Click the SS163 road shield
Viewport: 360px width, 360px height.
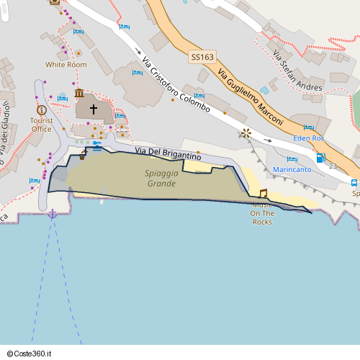[202, 57]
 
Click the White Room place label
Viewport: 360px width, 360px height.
[66, 65]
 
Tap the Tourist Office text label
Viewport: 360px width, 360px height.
[41, 125]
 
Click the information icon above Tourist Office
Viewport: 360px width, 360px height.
[41, 109]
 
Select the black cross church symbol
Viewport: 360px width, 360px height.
[93, 109]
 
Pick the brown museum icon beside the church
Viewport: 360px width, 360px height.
[78, 94]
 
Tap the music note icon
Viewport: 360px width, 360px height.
[263, 193]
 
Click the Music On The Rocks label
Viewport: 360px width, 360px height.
[262, 213]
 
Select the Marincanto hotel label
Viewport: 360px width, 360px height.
[292, 170]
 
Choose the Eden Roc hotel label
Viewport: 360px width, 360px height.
[310, 138]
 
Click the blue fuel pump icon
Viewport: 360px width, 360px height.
[320, 158]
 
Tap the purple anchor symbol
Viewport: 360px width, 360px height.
[52, 214]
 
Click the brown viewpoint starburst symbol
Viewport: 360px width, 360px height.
[246, 132]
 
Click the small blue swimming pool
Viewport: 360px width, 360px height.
[264, 91]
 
